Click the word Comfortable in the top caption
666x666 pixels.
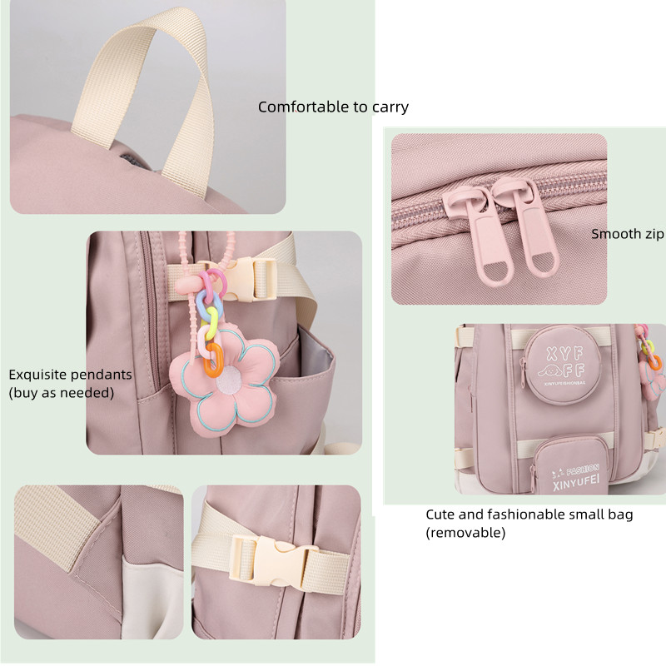[303, 107]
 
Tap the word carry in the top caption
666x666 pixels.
[390, 107]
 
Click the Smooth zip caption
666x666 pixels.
[628, 234]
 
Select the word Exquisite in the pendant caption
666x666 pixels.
[37, 375]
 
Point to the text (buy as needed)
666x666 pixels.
[62, 393]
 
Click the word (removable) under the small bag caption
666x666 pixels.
[465, 533]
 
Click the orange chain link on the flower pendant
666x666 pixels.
[213, 360]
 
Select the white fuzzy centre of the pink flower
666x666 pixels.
[229, 379]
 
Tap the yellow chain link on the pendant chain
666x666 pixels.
[211, 324]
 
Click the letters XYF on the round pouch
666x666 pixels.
[564, 354]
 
